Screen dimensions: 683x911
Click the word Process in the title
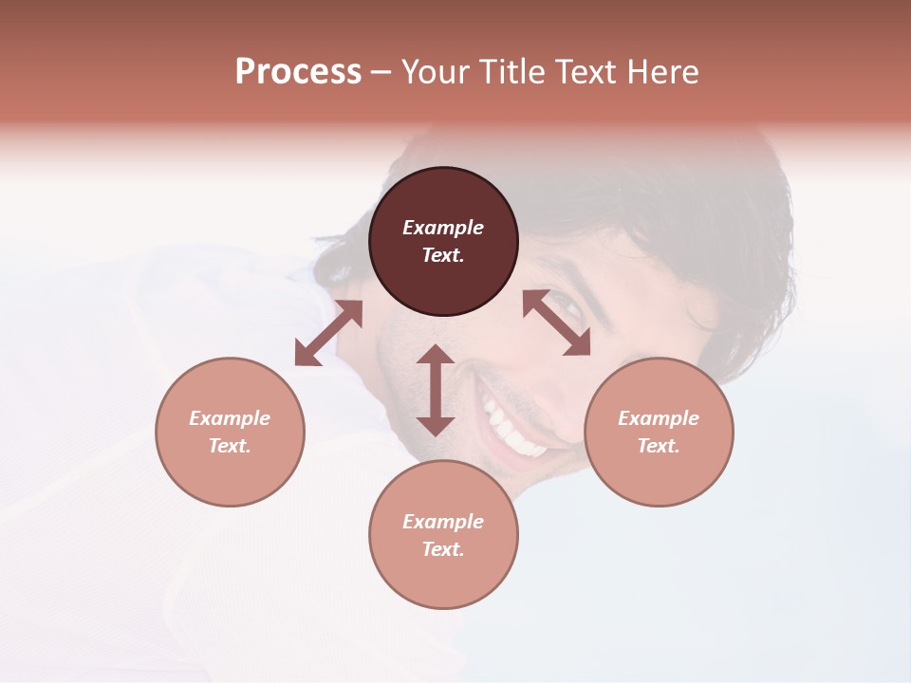[x=298, y=72]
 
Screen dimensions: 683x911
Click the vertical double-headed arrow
[x=436, y=390]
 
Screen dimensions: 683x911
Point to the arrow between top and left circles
[x=328, y=333]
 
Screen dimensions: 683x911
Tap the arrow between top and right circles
[x=556, y=323]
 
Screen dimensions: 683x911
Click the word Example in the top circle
[x=443, y=228]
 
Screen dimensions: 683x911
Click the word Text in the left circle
[x=230, y=446]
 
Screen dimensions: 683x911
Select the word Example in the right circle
[x=659, y=418]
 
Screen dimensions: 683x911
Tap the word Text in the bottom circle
[x=443, y=549]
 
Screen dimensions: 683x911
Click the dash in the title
[x=381, y=72]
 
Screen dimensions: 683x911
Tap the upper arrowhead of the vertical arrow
[x=436, y=355]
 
